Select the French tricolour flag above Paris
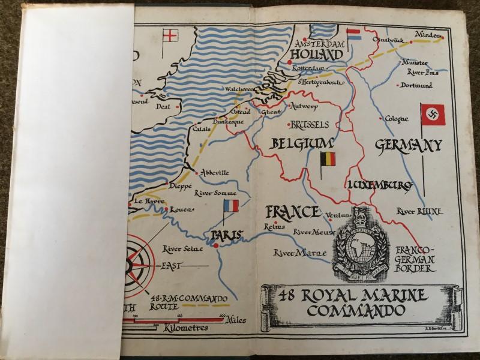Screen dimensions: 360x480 click(230, 206)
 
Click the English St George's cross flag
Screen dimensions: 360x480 click(172, 35)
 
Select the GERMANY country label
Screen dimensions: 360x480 click(409, 145)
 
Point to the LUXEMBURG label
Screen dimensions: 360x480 click(379, 184)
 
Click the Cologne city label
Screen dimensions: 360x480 click(397, 119)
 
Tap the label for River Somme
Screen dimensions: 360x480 click(215, 193)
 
